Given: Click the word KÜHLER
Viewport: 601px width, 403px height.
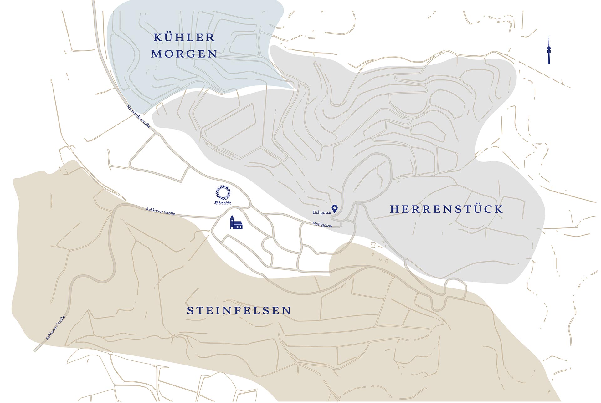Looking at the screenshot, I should pos(184,38).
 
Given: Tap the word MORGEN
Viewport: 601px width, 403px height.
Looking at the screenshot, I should pos(184,54).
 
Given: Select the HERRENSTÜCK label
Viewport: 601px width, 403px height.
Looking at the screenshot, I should pos(446,209).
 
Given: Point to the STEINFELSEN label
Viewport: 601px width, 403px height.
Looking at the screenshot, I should pos(239,311).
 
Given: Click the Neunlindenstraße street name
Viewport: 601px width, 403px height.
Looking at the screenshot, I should pos(138,116).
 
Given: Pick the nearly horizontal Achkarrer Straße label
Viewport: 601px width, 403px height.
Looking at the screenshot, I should pos(161,211).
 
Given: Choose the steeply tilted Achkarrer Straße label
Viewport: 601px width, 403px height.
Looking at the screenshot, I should pos(55,328).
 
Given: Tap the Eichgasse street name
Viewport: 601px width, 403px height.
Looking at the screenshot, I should pos(321,212).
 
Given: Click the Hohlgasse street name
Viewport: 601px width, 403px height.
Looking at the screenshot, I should pos(322,225).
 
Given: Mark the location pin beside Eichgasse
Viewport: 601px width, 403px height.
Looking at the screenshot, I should pos(335,208).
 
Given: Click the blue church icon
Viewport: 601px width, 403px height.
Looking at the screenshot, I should pos(236,222).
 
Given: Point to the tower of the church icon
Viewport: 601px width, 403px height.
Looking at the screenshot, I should pos(232,221).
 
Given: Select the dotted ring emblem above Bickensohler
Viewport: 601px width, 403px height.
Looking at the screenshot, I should pos(223,193).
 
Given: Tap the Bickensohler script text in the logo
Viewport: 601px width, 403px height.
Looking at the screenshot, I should pos(223,202).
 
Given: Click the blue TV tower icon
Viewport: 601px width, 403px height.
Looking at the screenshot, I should pos(549,50).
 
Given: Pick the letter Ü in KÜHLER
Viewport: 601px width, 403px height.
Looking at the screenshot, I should pos(169,38).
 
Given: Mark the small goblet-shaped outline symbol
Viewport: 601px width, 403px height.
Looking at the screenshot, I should pos(373,245).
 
